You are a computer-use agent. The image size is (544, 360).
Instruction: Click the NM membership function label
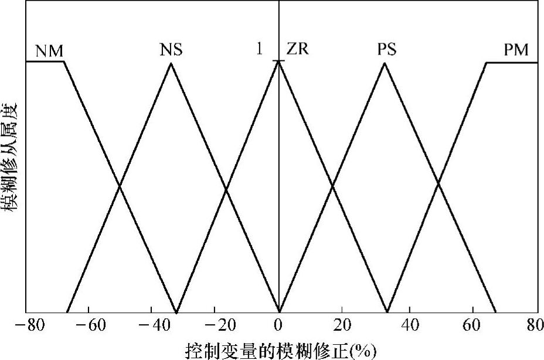click(49, 51)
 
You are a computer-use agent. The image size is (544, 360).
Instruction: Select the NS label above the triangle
click(171, 50)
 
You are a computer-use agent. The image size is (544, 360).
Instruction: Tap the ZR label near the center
click(297, 49)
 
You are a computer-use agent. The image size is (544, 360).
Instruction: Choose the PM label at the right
click(516, 50)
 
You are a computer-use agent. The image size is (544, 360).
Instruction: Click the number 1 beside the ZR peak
click(259, 49)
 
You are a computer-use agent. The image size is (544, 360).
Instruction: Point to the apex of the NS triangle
click(171, 62)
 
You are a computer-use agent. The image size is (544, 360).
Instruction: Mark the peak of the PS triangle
click(385, 62)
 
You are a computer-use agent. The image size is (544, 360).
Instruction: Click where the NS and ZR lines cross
click(226, 189)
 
